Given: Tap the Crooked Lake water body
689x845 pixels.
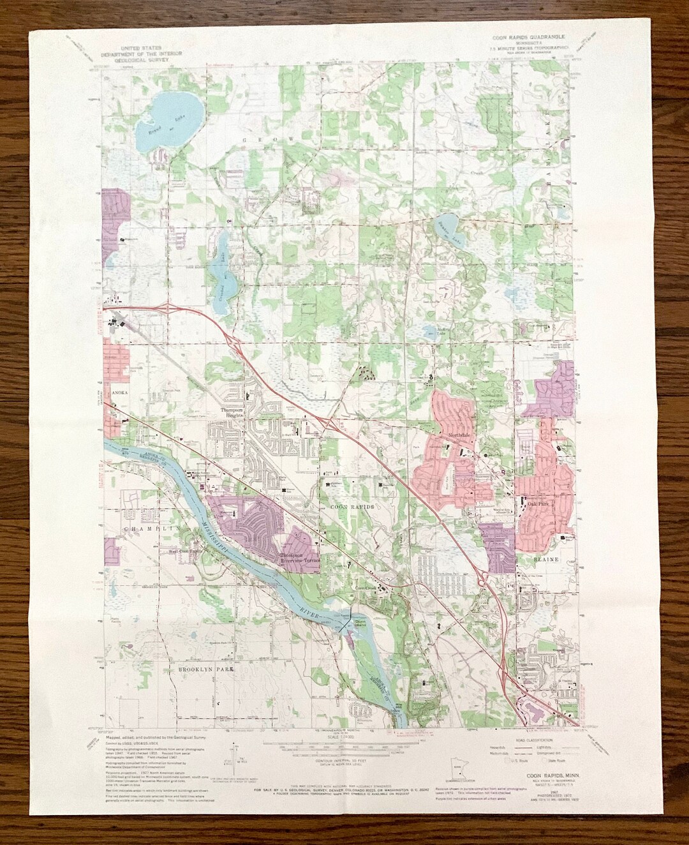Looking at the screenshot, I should [219, 268].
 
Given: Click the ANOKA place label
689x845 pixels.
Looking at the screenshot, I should [121, 394].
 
